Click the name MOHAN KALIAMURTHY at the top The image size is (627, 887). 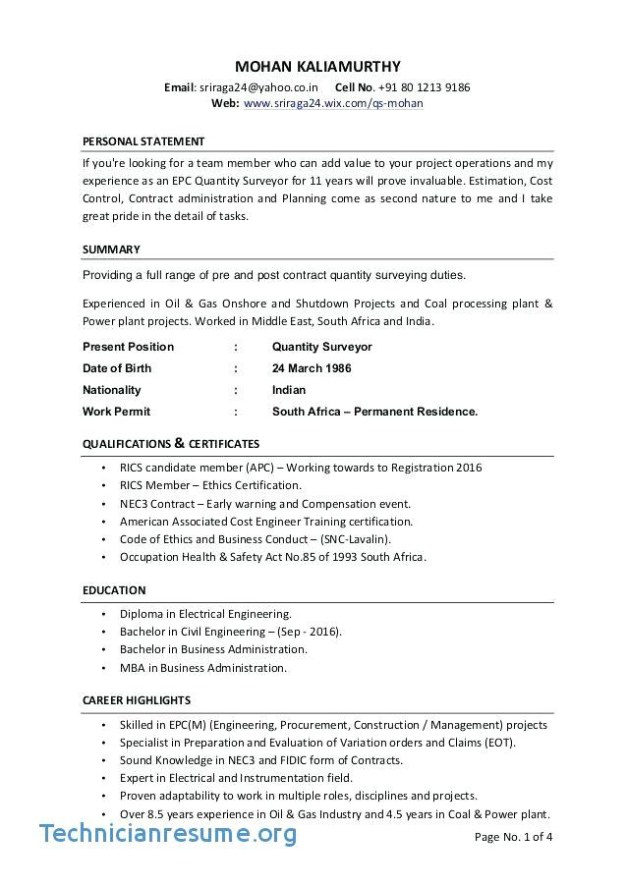pos(317,67)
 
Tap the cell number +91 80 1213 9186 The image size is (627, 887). pos(424,87)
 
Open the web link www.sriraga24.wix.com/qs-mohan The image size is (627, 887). pos(333,103)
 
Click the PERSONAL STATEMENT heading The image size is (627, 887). pos(143,141)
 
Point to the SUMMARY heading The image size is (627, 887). pos(111,249)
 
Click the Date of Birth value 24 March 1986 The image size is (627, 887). pos(312,368)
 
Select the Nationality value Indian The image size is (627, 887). pos(289,390)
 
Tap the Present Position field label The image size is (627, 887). pos(128,347)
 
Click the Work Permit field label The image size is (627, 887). pos(116,412)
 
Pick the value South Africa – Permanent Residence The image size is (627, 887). pos(374,412)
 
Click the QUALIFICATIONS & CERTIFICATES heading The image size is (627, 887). pos(171,444)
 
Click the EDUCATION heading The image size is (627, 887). pos(114,590)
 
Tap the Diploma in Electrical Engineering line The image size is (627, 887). pos(205,613)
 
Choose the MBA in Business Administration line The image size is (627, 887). pos(203,668)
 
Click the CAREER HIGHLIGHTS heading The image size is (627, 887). pos(136,700)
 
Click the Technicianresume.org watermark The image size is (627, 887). pos(168,834)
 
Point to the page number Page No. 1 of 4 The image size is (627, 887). pos(513,837)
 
